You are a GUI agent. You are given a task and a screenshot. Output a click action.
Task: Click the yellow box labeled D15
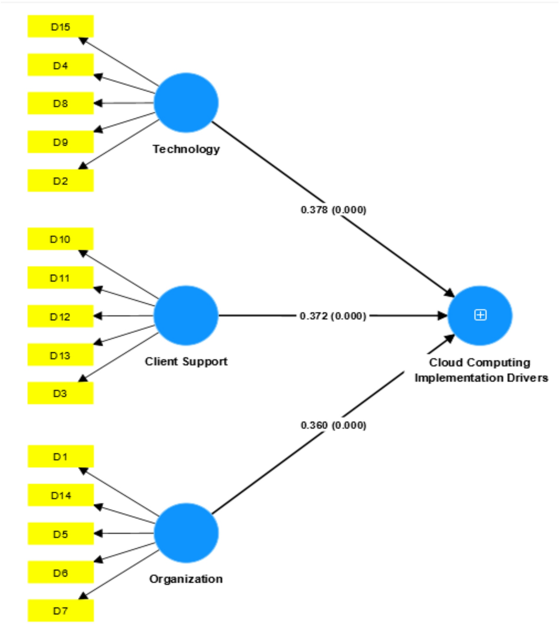60,26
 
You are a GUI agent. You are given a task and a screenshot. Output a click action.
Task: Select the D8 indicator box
60,103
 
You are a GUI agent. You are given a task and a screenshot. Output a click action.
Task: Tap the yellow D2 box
60,180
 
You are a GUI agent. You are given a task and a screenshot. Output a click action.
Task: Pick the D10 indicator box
60,239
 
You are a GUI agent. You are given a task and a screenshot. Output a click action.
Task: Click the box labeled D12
60,316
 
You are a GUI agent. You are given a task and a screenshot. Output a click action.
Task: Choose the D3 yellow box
60,393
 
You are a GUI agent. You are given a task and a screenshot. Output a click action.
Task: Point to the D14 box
60,495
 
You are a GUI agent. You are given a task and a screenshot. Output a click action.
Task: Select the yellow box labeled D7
60,610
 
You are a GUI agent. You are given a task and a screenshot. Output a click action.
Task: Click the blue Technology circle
186,103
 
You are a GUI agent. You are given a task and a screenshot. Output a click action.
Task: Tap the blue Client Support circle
186,315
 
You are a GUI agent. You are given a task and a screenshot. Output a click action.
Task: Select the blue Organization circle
186,533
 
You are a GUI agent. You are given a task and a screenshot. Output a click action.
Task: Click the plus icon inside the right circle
480,315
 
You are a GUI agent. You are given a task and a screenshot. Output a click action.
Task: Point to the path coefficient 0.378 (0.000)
333,210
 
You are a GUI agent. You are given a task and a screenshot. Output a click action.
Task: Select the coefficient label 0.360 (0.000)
333,425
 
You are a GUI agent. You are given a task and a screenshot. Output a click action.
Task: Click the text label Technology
186,149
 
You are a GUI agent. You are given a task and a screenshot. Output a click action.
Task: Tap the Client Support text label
186,361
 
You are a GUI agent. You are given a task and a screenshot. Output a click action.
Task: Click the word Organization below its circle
186,579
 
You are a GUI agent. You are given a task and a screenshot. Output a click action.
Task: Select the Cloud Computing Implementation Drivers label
481,370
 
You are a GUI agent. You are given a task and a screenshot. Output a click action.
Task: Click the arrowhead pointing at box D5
98,533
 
